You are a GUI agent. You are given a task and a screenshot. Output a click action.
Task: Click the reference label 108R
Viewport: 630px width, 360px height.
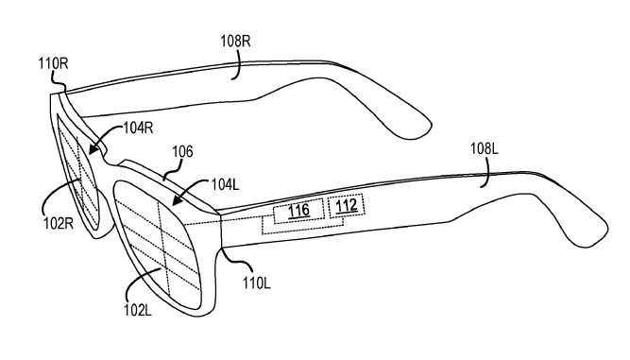[235, 42]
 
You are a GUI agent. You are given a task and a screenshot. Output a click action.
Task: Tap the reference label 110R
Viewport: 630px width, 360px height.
[54, 63]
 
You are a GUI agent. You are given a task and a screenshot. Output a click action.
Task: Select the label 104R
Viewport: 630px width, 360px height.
[138, 129]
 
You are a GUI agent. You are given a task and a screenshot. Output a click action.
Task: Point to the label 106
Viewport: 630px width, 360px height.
[182, 151]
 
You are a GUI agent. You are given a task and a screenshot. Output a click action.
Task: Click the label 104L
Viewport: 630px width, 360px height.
[225, 184]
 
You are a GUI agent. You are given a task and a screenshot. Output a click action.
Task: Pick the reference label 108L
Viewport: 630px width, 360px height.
[485, 149]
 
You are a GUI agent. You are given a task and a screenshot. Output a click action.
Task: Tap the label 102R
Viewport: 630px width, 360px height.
[59, 223]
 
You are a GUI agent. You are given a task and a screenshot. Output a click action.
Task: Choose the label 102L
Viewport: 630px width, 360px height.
[138, 310]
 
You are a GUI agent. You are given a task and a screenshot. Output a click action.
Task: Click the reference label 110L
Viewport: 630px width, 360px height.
[256, 283]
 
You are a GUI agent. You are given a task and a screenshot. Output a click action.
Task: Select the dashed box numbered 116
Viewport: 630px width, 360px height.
[298, 210]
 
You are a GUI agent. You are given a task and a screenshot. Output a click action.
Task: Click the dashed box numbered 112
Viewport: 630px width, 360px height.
[347, 206]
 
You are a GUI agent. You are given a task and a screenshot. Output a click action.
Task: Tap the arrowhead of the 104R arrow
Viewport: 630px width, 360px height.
[94, 149]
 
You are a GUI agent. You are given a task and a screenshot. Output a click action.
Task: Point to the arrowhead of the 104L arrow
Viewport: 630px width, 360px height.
[177, 200]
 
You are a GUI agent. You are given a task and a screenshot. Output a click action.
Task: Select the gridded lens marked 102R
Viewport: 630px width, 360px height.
[78, 171]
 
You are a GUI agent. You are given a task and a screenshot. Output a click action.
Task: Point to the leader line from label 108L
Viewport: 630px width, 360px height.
[487, 172]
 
